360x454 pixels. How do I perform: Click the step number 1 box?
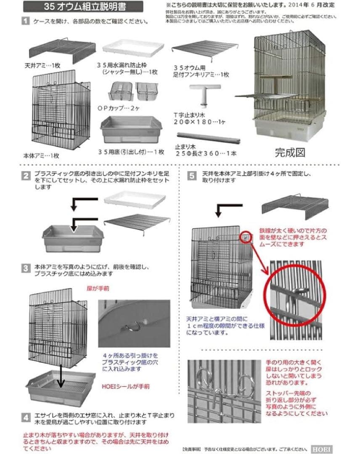(x=26, y=21)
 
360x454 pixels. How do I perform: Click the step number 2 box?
(x=26, y=175)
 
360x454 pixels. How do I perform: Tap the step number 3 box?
(x=26, y=268)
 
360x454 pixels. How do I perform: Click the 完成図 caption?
(x=289, y=152)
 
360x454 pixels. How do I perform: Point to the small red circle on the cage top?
(x=246, y=238)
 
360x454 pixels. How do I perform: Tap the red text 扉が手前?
(x=95, y=289)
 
